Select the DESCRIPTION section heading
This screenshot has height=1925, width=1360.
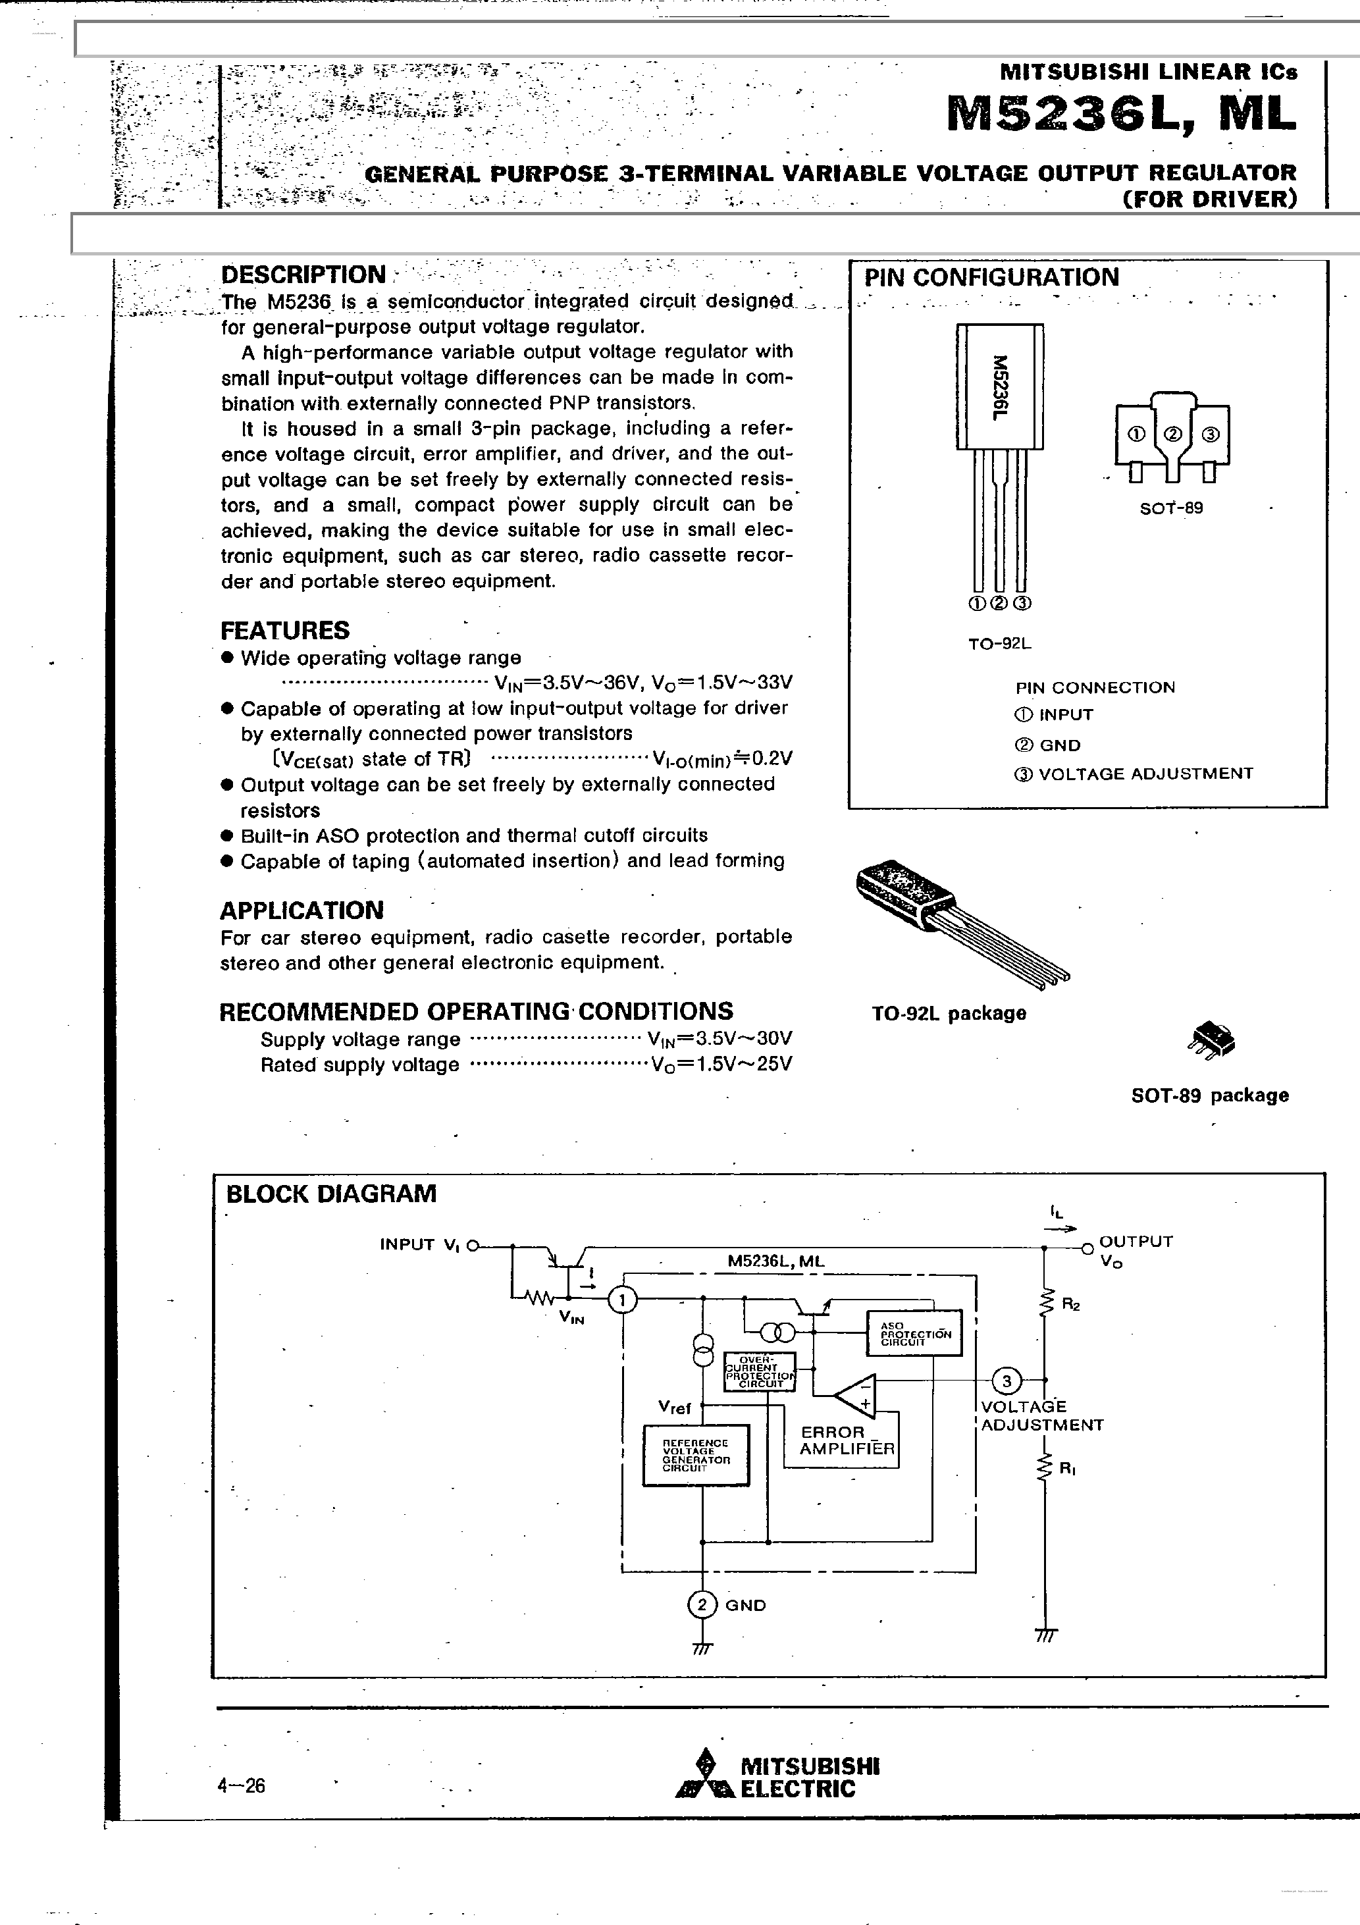pyautogui.click(x=303, y=275)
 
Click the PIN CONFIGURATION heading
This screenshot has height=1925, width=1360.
pyautogui.click(x=991, y=278)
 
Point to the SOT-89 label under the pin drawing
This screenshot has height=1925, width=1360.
pyautogui.click(x=1170, y=508)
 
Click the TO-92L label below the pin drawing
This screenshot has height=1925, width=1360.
pyautogui.click(x=999, y=644)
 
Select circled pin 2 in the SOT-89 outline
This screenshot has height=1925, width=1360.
pyautogui.click(x=1173, y=435)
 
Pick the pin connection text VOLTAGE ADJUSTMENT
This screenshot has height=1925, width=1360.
pyautogui.click(x=1145, y=774)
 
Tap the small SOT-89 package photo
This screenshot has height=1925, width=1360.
pyautogui.click(x=1212, y=1040)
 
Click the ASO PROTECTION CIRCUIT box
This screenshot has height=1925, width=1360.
pyautogui.click(x=914, y=1333)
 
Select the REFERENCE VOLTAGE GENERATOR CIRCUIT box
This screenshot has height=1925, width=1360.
pyautogui.click(x=696, y=1456)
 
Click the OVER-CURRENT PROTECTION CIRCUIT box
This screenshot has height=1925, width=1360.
pyautogui.click(x=760, y=1371)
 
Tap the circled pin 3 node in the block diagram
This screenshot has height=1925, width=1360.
pyautogui.click(x=1007, y=1380)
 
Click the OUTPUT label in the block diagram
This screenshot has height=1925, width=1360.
pyautogui.click(x=1136, y=1241)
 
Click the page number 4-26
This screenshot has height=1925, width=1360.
pyautogui.click(x=242, y=1786)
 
